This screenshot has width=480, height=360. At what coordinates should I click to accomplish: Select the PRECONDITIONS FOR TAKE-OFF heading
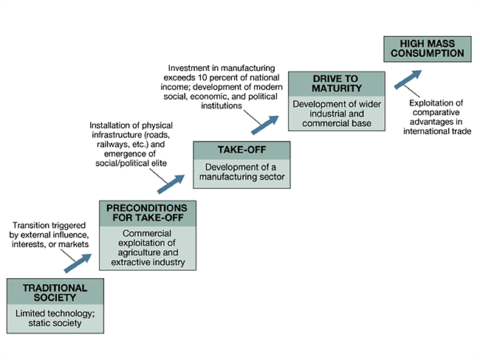[148, 212]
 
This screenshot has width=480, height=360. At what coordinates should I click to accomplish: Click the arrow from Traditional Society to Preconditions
[78, 260]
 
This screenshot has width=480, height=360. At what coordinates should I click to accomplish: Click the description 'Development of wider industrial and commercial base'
[336, 114]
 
